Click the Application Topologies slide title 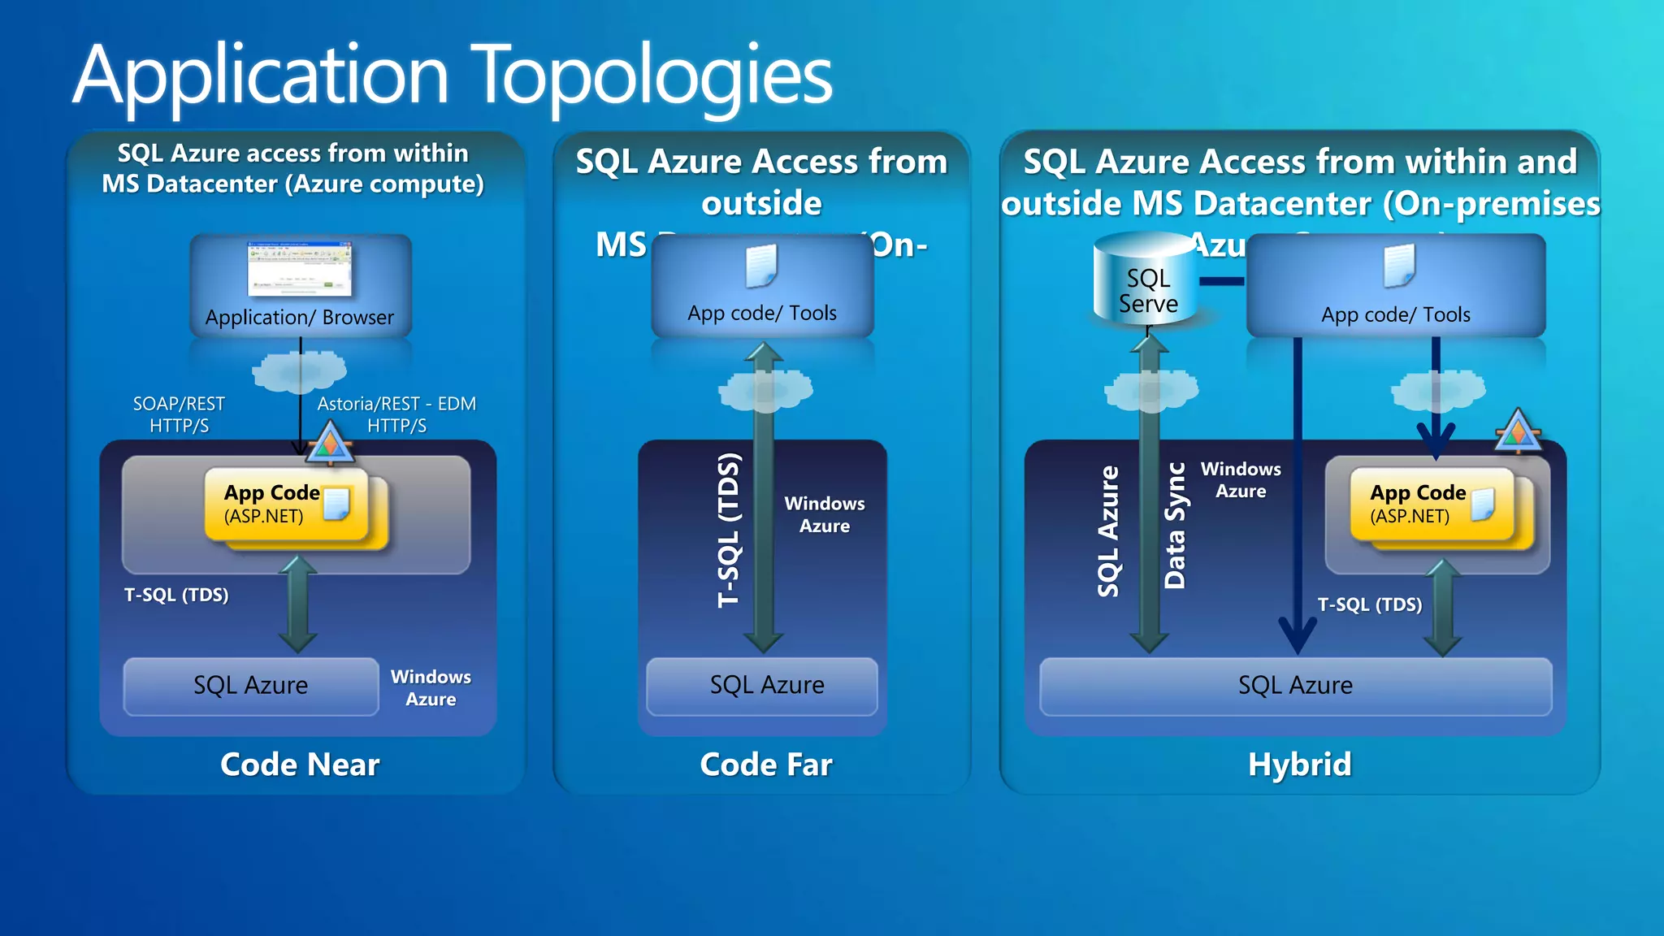tap(453, 76)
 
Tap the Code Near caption tap(300, 765)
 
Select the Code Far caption tap(765, 765)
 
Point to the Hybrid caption tap(1299, 765)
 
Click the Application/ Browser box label tap(299, 317)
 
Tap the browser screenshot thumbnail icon tap(300, 268)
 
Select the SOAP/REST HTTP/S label tap(179, 414)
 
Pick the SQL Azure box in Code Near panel tap(250, 686)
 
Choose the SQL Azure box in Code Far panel tap(766, 686)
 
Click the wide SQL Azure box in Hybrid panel tap(1295, 686)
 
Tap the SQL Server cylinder tap(1147, 280)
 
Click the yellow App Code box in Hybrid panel tap(1430, 505)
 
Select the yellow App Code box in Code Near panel tap(284, 505)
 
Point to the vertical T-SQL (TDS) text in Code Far tap(729, 530)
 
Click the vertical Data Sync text tap(1175, 526)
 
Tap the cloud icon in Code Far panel tap(765, 390)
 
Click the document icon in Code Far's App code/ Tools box tap(761, 266)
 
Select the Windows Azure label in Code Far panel tap(824, 514)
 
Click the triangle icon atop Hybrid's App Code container tap(1517, 431)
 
